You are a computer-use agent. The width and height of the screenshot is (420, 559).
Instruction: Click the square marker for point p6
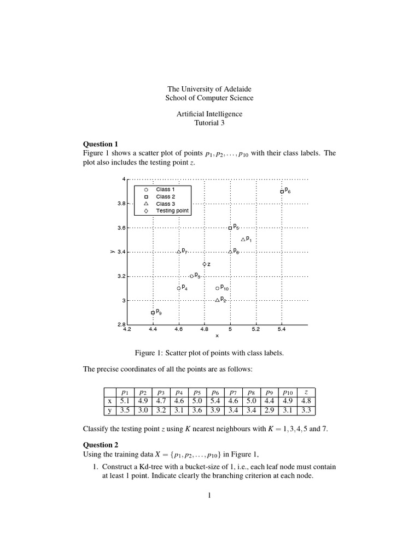(x=282, y=192)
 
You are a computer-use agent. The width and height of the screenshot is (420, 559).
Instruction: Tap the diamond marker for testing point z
(x=205, y=264)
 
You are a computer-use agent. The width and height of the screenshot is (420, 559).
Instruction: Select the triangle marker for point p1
(x=243, y=240)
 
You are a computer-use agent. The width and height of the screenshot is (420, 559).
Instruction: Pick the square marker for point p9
(x=153, y=313)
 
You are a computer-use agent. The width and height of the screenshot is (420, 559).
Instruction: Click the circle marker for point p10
(x=217, y=288)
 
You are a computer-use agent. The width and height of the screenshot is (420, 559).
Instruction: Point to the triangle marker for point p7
(x=179, y=252)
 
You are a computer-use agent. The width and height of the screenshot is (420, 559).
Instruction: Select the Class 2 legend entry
(x=165, y=197)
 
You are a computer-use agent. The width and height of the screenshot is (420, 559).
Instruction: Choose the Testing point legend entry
(x=172, y=211)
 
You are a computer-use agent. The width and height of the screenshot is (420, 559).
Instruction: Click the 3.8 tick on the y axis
(x=121, y=204)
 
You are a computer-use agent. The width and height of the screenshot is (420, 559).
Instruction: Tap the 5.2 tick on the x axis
(x=256, y=329)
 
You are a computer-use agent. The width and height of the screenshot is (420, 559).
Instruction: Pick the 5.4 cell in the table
(x=222, y=401)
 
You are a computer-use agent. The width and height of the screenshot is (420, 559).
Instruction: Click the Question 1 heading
(x=101, y=144)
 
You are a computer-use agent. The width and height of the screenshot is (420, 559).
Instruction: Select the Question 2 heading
(x=101, y=445)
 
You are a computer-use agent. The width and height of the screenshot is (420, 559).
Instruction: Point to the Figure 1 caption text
(x=209, y=353)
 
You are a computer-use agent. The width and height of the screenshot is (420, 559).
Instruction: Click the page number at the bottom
(x=209, y=496)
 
